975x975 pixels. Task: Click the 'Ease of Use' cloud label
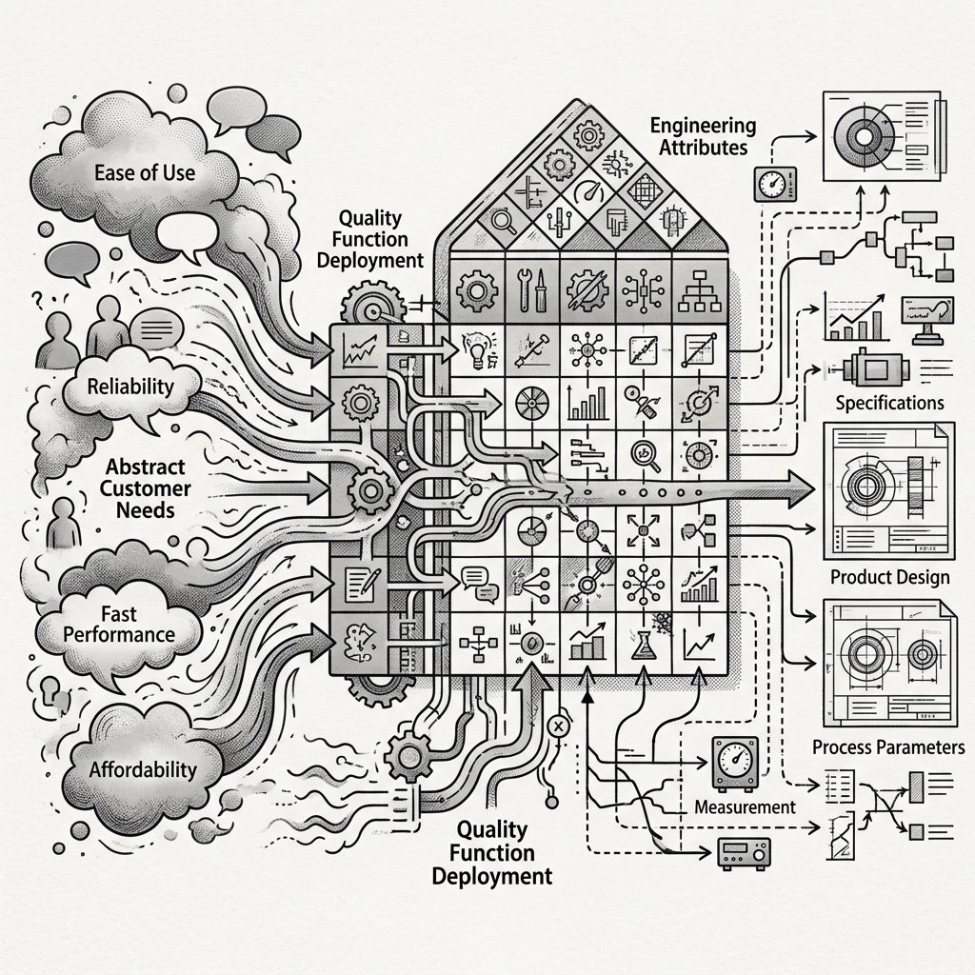145,173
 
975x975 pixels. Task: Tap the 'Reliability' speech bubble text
130,387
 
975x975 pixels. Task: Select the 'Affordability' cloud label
143,769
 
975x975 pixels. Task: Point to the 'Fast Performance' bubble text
119,625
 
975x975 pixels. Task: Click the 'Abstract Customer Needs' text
145,488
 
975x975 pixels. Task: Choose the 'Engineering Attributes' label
704,136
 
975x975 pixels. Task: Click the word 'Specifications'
890,403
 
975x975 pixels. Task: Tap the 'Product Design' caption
890,577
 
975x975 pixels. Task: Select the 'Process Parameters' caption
888,746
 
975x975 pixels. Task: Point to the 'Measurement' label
745,807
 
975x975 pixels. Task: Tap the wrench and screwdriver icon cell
532,290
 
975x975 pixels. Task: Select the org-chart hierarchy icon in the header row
700,290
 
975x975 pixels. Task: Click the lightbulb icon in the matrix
477,349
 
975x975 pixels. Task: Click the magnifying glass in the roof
503,220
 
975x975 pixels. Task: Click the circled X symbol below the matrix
558,726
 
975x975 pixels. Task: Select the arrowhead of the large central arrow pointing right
798,489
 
